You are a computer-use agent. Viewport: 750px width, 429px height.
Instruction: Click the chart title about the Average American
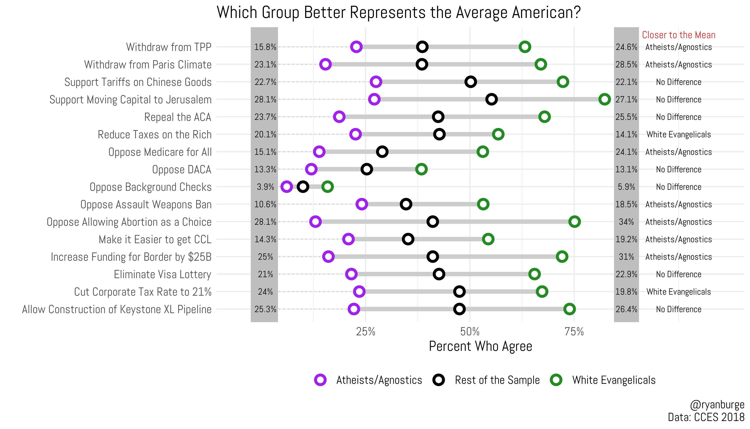398,13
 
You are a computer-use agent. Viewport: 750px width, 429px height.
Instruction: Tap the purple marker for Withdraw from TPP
356,47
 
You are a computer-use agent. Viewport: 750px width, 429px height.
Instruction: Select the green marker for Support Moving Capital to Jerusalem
604,99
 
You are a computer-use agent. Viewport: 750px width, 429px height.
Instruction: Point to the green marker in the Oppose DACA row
421,169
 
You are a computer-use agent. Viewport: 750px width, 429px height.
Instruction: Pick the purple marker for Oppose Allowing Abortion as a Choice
315,221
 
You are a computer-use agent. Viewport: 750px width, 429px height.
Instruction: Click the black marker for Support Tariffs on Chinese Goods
471,82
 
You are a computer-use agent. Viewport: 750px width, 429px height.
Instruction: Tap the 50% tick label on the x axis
469,332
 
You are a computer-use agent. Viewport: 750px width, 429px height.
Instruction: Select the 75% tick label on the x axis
574,332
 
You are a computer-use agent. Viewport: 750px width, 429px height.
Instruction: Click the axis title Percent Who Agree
480,346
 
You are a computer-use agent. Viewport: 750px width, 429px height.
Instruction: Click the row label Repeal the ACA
177,117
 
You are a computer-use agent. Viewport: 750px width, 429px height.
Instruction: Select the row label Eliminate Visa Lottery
162,274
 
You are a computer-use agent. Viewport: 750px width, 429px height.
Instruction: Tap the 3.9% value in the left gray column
265,187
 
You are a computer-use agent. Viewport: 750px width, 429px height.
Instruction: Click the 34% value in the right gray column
626,222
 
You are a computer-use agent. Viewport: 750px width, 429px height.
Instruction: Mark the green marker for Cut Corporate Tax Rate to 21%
542,292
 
